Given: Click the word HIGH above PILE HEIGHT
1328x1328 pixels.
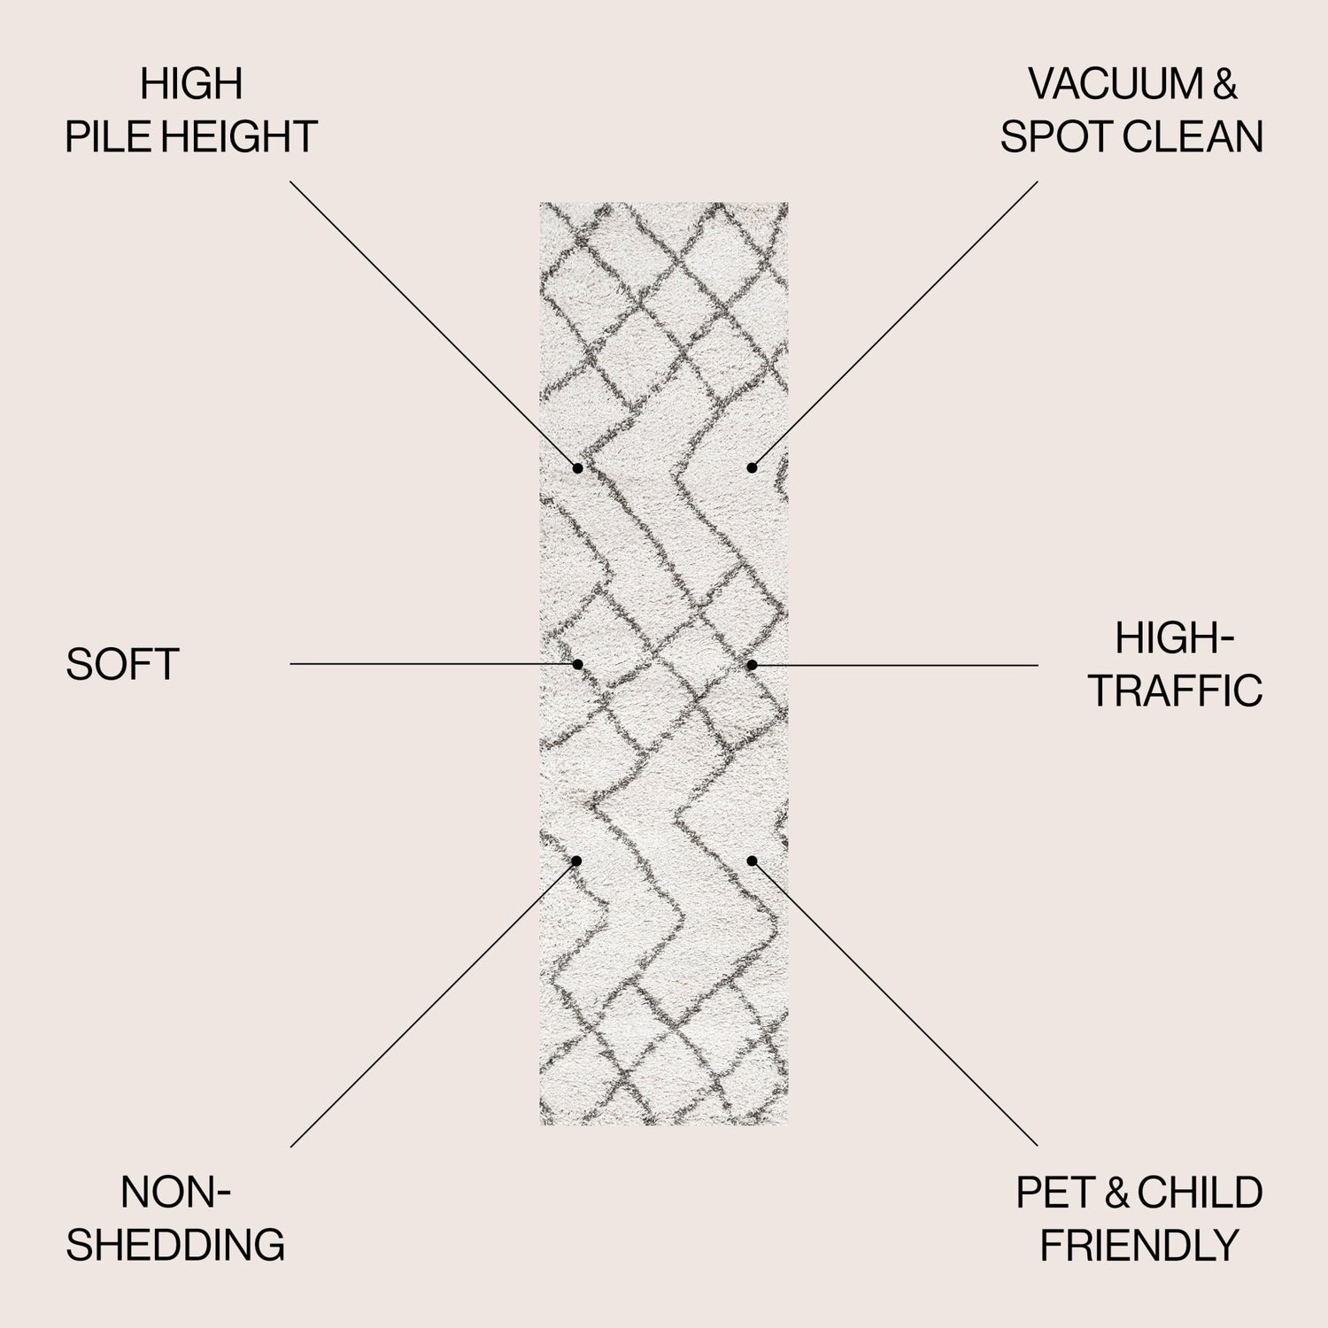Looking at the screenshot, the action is click(x=191, y=85).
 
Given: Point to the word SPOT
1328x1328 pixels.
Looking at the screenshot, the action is click(x=1052, y=137).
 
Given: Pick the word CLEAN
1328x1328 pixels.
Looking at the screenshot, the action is click(x=1188, y=137).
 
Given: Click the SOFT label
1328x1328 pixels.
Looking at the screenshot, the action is click(x=122, y=664).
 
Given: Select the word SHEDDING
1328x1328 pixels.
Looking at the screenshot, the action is click(x=175, y=1245).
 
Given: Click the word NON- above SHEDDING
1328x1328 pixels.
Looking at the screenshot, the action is click(x=175, y=1193).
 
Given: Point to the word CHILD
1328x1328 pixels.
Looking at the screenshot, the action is click(x=1200, y=1193).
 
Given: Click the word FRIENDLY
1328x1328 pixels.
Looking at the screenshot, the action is click(x=1139, y=1245).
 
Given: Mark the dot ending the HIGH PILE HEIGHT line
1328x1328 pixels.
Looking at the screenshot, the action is click(x=577, y=467).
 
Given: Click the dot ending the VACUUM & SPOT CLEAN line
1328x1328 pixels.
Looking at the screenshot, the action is click(x=752, y=467).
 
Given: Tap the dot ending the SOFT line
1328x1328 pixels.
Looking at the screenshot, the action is click(x=577, y=664).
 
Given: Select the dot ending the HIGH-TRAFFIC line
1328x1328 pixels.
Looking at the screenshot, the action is click(x=752, y=664).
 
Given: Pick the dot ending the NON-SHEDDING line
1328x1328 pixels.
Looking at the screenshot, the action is click(x=576, y=861).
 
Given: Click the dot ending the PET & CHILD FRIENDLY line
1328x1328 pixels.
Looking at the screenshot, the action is click(x=752, y=861).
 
